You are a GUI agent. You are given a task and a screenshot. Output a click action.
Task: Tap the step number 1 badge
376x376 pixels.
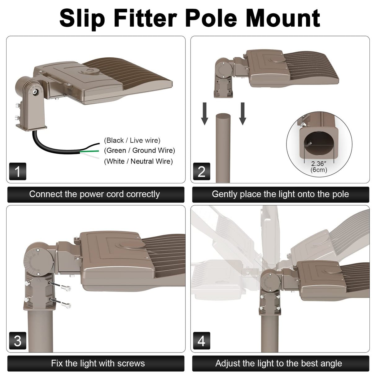(x=18, y=171)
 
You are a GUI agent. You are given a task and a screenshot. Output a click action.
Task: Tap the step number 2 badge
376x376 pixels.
(x=201, y=171)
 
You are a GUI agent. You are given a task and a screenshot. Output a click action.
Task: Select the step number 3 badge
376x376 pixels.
(x=18, y=341)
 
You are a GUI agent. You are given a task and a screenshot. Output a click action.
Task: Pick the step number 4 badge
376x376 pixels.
(x=201, y=341)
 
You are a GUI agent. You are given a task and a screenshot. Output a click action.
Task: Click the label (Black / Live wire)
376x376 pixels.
(x=132, y=140)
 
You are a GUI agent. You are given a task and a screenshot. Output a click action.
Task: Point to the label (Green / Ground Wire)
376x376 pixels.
(x=139, y=151)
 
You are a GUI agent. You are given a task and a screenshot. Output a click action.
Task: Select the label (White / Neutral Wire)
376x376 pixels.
(x=138, y=161)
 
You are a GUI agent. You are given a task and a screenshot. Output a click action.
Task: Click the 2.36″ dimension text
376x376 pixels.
(x=319, y=164)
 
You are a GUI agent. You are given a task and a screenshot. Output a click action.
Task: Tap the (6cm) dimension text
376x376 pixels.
(x=319, y=170)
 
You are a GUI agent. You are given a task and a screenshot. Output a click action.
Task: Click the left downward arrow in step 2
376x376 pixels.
(x=204, y=114)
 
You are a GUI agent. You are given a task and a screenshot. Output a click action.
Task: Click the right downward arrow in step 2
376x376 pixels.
(x=243, y=114)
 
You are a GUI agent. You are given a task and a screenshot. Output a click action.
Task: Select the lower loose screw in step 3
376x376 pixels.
(x=66, y=305)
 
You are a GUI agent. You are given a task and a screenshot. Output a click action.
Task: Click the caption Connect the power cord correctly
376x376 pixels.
(x=94, y=194)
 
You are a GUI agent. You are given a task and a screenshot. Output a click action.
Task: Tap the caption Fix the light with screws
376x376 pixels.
(x=98, y=363)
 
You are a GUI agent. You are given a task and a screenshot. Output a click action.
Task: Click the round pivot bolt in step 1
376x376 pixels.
(x=36, y=92)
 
